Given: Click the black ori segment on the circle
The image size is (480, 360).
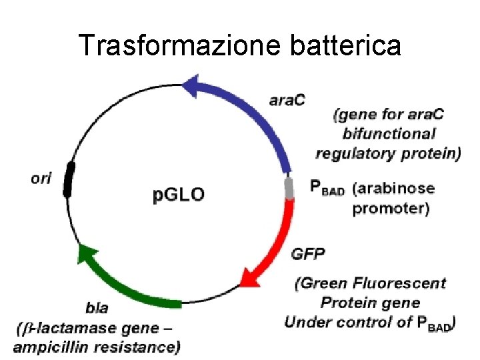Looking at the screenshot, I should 69,179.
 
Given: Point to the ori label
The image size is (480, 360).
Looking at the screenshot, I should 41,179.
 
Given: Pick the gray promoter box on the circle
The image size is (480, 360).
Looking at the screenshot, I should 289,189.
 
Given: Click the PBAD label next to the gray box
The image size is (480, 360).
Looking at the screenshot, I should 327,189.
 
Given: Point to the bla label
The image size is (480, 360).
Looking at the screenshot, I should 97,309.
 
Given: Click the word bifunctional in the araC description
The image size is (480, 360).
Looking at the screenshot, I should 389,134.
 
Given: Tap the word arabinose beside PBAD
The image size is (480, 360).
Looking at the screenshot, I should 393,189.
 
